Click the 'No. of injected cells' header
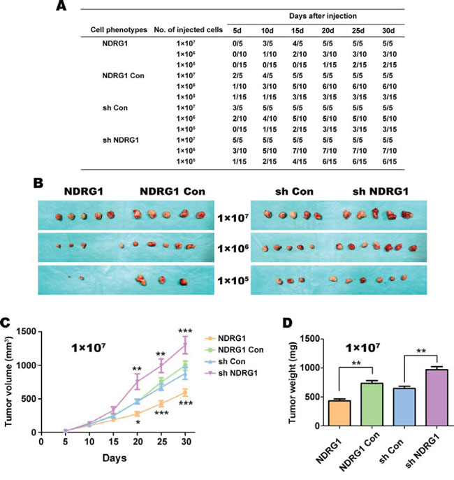[191, 31]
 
